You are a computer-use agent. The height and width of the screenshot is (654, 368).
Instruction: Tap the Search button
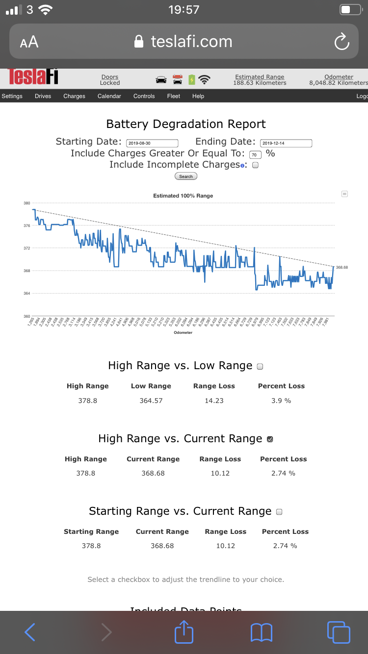point(186,176)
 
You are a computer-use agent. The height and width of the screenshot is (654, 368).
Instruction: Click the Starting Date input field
point(152,143)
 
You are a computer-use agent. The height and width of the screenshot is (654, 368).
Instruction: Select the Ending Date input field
point(286,143)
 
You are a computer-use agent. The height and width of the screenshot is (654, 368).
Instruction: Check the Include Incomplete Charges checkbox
point(255,165)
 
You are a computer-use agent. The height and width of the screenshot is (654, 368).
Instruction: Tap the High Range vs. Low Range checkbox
point(260,366)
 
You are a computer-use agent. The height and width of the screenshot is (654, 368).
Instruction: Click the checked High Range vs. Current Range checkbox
point(270,439)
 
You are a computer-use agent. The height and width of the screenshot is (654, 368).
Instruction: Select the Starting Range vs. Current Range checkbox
point(279,512)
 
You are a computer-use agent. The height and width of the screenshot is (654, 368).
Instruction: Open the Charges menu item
point(74,96)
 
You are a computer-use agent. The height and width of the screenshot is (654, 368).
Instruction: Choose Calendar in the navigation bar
point(109,96)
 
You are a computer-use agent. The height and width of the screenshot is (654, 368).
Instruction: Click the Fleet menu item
point(173,96)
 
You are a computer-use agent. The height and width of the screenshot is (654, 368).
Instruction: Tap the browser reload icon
point(342,42)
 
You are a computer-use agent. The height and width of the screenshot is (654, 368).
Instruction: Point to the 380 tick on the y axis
point(27,203)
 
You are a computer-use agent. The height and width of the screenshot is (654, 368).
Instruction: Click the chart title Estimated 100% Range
point(183,196)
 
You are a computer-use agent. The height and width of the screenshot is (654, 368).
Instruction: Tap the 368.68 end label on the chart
point(342,267)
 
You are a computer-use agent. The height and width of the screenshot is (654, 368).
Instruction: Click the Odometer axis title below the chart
point(183,332)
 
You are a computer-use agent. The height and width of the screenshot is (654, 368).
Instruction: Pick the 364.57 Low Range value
point(151,401)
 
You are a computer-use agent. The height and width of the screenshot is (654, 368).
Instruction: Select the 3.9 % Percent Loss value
point(281,401)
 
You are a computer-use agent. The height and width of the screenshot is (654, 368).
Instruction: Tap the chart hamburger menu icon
point(344,194)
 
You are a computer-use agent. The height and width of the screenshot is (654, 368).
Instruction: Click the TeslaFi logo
point(33,77)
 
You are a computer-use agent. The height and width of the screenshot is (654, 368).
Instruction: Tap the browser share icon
point(184,632)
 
